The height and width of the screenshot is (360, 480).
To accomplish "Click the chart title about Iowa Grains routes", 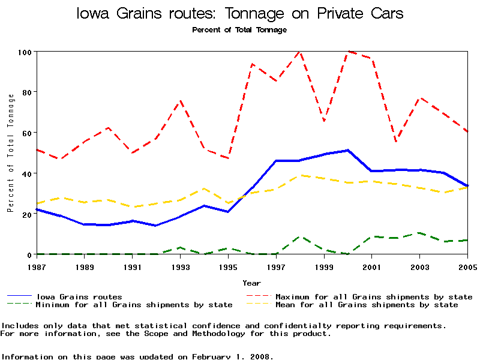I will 240,13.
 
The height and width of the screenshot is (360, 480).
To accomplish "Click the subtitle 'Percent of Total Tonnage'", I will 239,30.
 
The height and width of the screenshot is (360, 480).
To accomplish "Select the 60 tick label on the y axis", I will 26,133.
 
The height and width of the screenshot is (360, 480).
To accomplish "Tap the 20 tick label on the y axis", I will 26,214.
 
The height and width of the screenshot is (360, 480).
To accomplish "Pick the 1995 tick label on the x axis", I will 228,266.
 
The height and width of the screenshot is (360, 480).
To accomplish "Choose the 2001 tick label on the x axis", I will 372,266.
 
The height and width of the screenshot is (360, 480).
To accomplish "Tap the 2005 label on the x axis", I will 467,266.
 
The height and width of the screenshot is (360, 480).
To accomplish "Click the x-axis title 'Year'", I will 251,283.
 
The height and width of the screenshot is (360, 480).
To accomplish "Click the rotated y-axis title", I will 10,153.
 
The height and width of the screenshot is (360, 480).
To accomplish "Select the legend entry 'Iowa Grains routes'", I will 79,296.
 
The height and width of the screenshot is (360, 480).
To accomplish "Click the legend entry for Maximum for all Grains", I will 373,296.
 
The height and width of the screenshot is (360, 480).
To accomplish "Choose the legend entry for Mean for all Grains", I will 366,305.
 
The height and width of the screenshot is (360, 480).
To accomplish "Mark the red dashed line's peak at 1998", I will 299,52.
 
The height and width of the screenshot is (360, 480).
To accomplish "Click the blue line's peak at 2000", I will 348,150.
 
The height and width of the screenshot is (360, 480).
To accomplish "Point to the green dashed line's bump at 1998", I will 299,236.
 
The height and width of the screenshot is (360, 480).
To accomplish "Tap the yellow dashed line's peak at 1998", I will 299,175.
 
